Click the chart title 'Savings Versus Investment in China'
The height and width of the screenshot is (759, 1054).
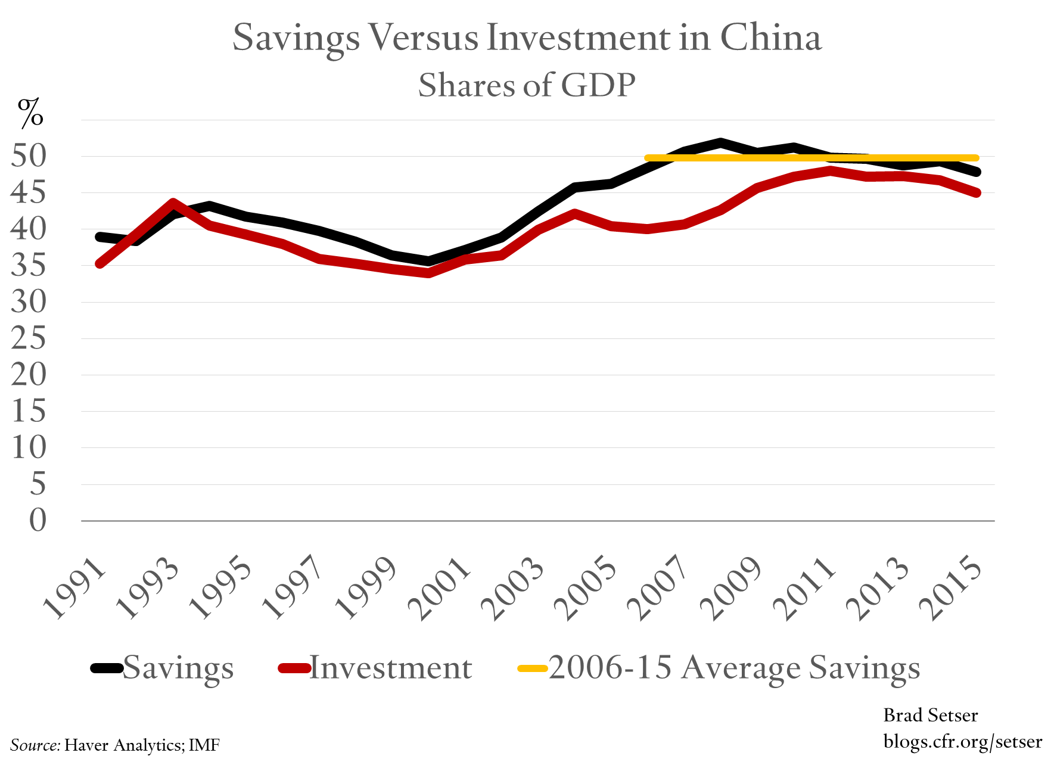[x=527, y=38]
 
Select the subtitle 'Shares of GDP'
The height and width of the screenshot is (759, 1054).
[x=527, y=85]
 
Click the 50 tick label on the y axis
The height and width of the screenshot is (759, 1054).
[x=29, y=156]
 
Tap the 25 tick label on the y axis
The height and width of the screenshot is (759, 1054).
[x=29, y=338]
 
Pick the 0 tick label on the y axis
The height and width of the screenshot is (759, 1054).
[x=37, y=521]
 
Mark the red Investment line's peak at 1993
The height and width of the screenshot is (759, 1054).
[x=173, y=203]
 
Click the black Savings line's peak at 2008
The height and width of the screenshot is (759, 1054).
[x=720, y=142]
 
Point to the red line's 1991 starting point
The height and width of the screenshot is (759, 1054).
[x=100, y=264]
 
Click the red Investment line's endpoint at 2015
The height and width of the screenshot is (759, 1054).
[x=977, y=192]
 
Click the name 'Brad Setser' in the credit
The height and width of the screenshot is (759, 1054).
[x=930, y=715]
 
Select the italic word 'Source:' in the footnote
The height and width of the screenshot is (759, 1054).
[x=35, y=745]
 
